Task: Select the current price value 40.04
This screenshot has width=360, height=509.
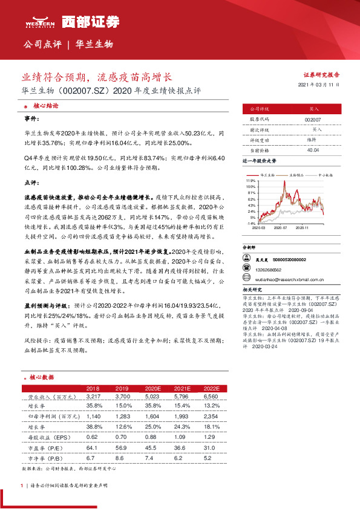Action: (x=313, y=149)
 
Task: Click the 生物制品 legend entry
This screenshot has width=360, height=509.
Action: (x=297, y=174)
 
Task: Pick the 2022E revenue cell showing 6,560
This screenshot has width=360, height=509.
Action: (x=211, y=396)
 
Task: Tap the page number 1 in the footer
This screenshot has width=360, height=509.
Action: (x=22, y=485)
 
